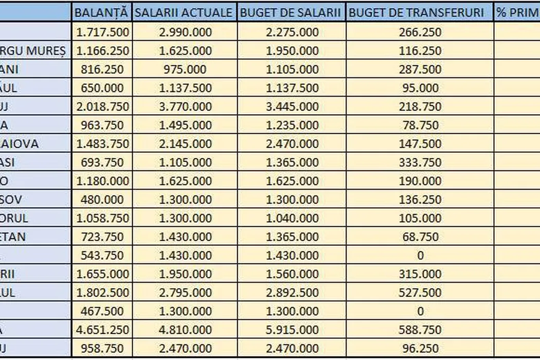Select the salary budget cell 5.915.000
(292, 330)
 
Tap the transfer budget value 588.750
(420, 330)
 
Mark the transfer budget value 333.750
(420, 163)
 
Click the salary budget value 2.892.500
(292, 293)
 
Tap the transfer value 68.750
(420, 237)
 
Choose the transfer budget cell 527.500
(420, 293)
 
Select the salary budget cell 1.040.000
(292, 218)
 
